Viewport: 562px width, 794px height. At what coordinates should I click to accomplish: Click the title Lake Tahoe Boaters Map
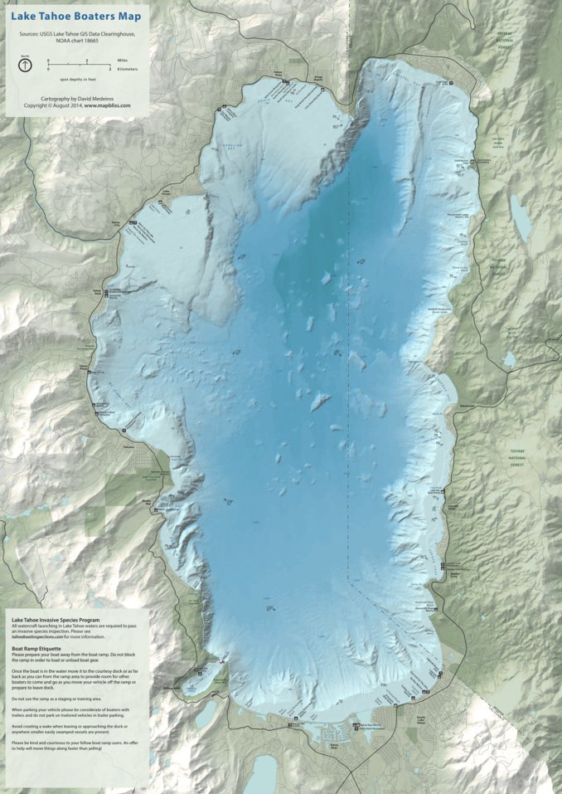[75, 17]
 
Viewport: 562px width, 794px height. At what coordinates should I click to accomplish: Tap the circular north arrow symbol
[26, 63]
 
